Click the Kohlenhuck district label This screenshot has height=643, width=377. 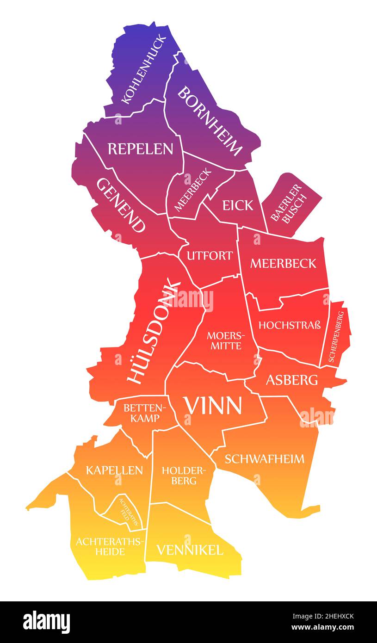point(143,68)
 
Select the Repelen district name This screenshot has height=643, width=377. point(140,149)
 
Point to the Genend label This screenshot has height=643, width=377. point(120,205)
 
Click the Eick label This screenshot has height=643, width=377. point(238,205)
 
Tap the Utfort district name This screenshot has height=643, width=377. point(210,255)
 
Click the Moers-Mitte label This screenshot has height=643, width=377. point(224,340)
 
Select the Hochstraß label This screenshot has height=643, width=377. point(290,325)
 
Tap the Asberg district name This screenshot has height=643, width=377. point(291,380)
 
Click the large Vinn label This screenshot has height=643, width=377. point(213,406)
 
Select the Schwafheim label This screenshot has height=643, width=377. point(265,459)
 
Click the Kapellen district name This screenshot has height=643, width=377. point(114,470)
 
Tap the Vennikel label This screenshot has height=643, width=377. point(190,550)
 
